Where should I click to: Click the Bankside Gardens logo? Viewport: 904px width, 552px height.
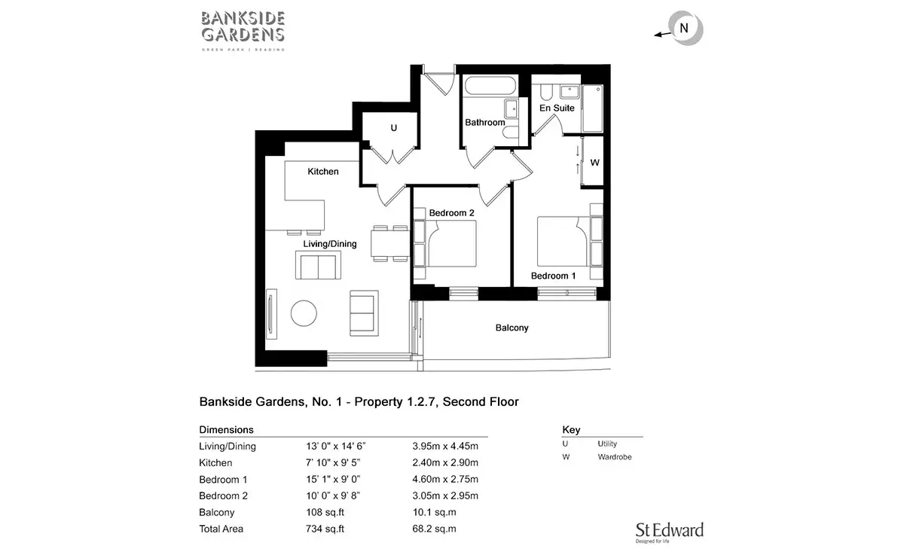(x=243, y=31)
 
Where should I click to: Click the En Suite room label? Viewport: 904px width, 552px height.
(x=557, y=108)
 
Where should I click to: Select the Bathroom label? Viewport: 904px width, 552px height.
(x=484, y=122)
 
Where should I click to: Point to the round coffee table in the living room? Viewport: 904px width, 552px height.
(x=304, y=313)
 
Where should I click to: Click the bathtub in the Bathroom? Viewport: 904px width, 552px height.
(x=490, y=86)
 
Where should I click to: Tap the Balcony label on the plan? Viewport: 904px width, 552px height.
(x=512, y=328)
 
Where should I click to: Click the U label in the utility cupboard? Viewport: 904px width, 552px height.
(x=393, y=128)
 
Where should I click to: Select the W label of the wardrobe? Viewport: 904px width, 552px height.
(x=594, y=163)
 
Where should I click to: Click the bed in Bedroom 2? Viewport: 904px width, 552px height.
(x=450, y=243)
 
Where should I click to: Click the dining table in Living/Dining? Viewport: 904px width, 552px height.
(x=390, y=243)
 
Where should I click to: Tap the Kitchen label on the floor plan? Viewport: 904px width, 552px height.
(x=323, y=172)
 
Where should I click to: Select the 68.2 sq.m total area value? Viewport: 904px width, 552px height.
(x=434, y=529)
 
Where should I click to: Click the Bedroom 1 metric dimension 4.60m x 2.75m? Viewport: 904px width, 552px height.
(x=445, y=480)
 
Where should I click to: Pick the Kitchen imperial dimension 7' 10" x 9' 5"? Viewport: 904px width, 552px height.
(x=333, y=462)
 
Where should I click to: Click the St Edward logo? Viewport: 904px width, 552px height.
(x=670, y=532)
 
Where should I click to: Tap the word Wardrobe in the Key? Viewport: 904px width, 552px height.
(x=615, y=457)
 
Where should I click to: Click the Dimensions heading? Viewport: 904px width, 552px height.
(x=227, y=430)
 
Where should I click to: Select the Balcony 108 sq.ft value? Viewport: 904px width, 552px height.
(x=325, y=512)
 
